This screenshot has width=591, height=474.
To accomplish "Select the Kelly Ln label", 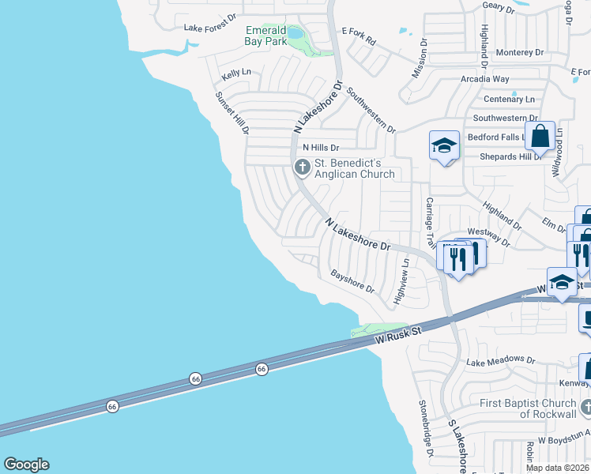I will [236, 73].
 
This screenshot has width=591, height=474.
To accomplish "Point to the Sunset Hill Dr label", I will [232, 112].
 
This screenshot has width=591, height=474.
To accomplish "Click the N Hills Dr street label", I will [321, 148].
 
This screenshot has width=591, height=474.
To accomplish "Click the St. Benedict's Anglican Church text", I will [354, 168].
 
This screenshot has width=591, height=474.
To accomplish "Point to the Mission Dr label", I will [419, 58].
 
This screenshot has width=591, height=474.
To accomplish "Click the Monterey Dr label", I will [520, 52].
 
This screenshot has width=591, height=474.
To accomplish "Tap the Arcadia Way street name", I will [485, 79].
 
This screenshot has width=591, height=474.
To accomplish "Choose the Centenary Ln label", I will [509, 100].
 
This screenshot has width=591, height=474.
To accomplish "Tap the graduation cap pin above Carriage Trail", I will [444, 146].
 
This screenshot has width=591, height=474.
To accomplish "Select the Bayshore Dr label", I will [352, 282].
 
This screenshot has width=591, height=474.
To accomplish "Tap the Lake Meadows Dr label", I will [500, 360].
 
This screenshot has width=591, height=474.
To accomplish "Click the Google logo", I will [26, 465].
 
